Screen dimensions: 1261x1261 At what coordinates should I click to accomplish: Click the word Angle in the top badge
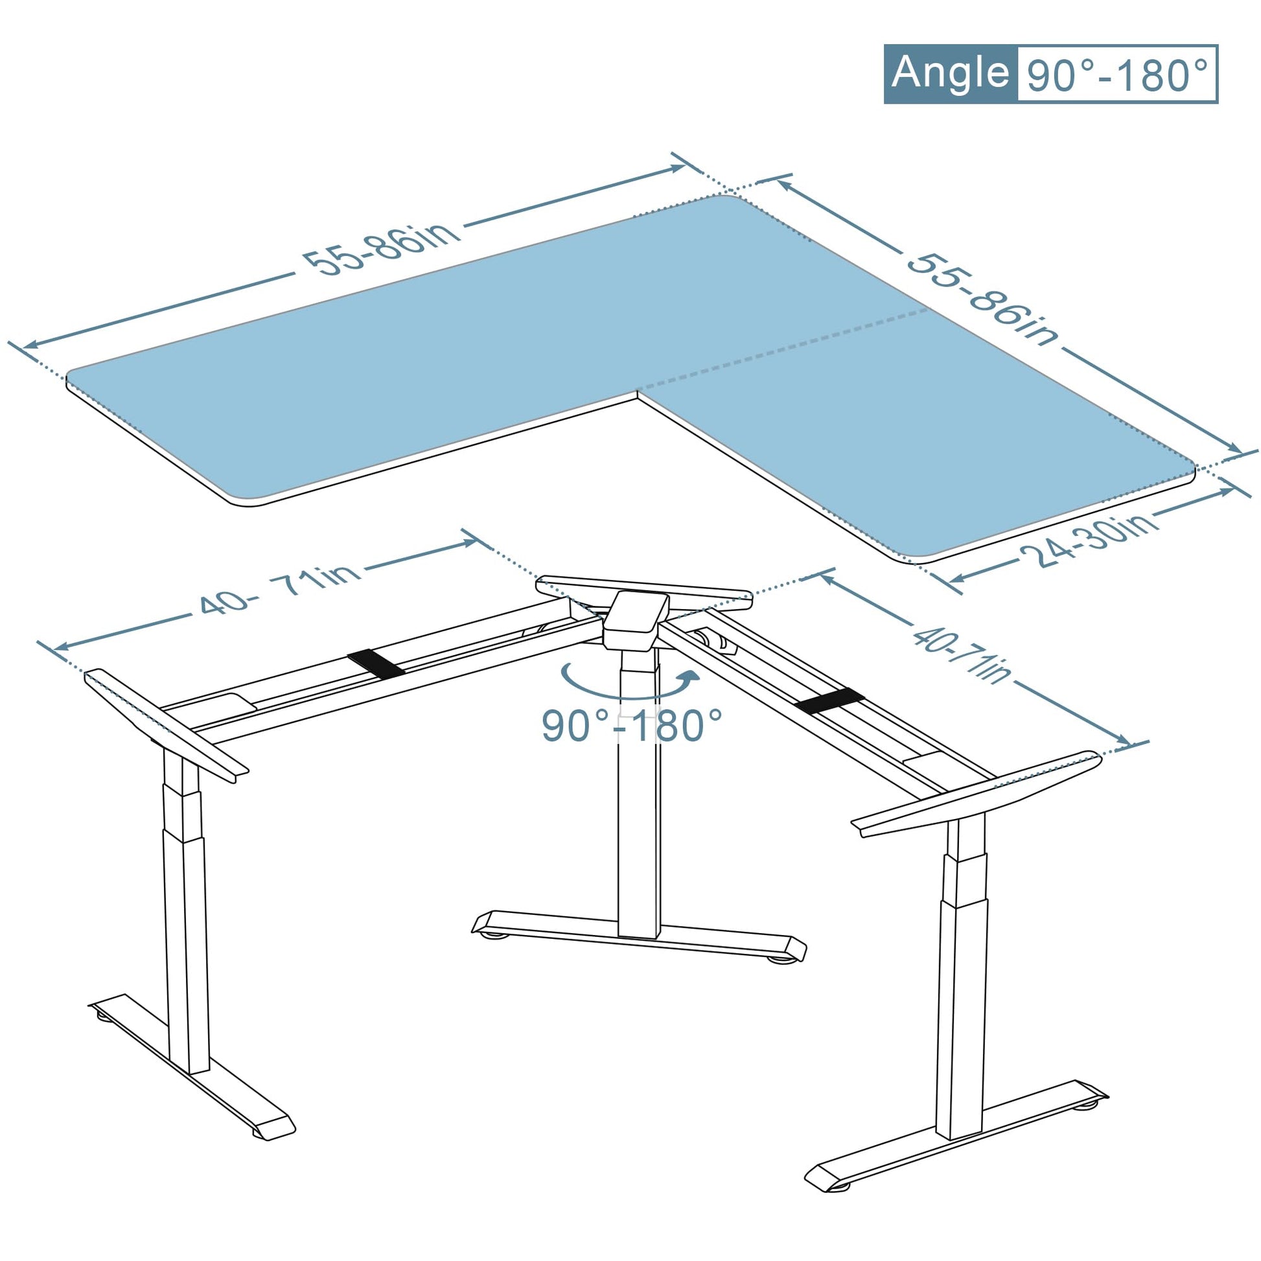pyautogui.click(x=950, y=73)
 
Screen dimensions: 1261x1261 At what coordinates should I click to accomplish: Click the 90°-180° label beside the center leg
pyautogui.click(x=632, y=725)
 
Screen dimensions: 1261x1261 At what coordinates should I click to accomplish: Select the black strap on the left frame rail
pyautogui.click(x=375, y=663)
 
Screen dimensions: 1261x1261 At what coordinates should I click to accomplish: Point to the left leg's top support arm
pyautogui.click(x=167, y=724)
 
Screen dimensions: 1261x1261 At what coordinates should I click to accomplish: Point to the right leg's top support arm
pyautogui.click(x=977, y=793)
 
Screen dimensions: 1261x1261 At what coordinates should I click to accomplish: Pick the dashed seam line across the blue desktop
pyautogui.click(x=783, y=349)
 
